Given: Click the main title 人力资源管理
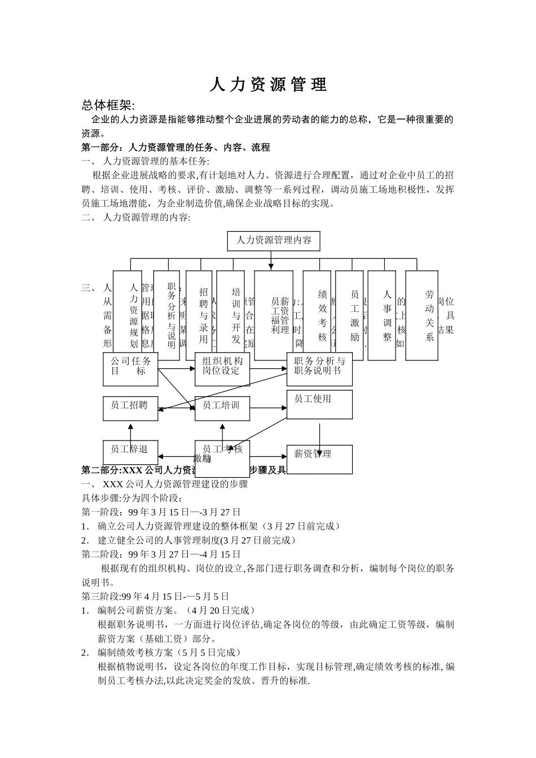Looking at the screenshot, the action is click(x=268, y=85).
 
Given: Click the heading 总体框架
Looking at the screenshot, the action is click(x=108, y=105).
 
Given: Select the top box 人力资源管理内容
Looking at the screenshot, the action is click(x=274, y=241).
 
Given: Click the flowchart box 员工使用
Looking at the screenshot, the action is click(x=319, y=404).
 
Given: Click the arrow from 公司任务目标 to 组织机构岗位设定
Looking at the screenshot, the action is click(x=176, y=369).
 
